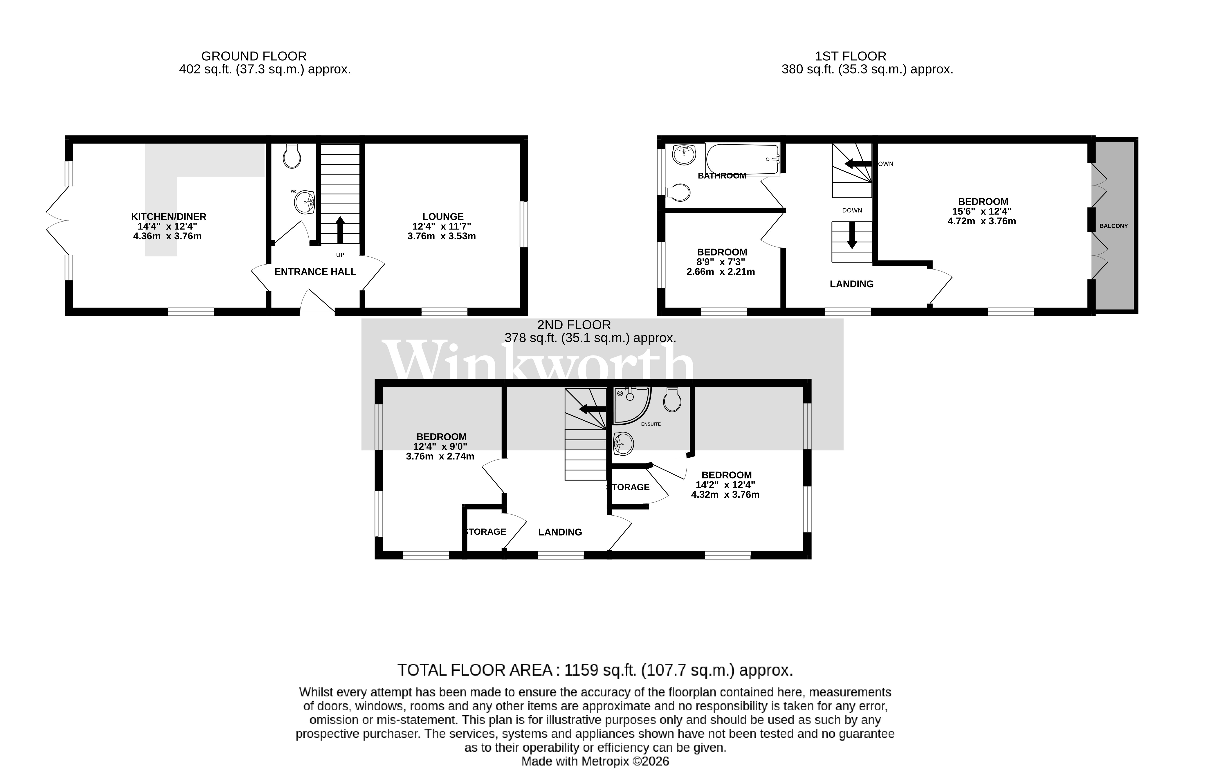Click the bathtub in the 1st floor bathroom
point(743,159)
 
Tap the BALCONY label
point(1113,226)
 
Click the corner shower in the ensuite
point(631,405)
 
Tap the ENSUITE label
point(650,424)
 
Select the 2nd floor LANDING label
point(560,532)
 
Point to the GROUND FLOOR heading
point(254,56)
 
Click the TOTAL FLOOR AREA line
point(595,670)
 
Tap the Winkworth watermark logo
point(538,361)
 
